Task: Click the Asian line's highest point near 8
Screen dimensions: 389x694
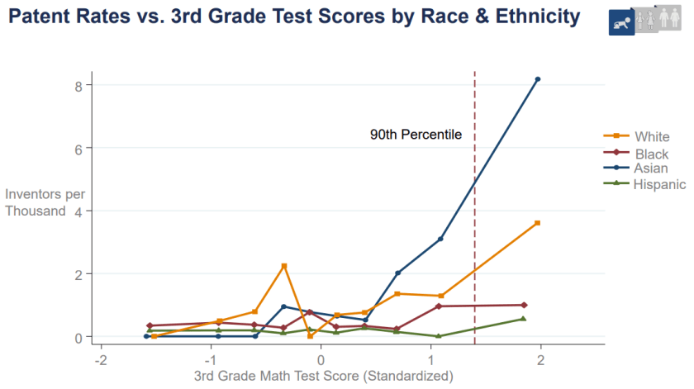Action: [538, 79]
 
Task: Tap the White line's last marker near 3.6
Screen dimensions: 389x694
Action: [538, 223]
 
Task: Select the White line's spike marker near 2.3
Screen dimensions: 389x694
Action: [284, 266]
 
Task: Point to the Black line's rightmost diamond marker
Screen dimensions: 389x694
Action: [524, 305]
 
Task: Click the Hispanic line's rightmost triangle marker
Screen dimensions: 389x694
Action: [523, 319]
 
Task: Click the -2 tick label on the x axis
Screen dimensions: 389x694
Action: [101, 361]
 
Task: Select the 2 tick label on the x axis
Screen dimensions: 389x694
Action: [540, 361]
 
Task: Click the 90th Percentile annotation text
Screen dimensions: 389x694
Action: [415, 135]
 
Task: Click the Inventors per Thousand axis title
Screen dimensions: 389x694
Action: [45, 203]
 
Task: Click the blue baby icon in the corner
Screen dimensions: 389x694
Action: [621, 23]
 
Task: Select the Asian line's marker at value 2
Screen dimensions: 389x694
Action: [397, 273]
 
